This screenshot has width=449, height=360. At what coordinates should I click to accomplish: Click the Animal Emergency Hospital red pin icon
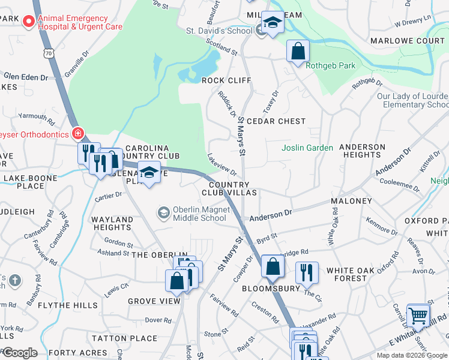28,23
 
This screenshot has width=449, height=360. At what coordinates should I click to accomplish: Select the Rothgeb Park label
331,66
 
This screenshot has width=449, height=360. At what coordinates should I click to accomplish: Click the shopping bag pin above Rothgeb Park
298,52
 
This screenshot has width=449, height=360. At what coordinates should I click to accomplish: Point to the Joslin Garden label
307,148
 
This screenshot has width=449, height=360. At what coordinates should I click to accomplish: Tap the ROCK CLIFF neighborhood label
226,80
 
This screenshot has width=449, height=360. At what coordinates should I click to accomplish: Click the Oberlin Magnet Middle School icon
163,213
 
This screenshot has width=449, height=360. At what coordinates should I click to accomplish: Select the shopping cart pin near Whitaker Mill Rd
418,315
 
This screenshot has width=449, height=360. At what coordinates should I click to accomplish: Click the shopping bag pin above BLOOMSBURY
273,266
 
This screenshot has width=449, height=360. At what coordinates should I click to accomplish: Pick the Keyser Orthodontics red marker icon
77,133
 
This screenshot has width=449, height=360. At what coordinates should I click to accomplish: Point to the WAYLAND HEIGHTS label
112,224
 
